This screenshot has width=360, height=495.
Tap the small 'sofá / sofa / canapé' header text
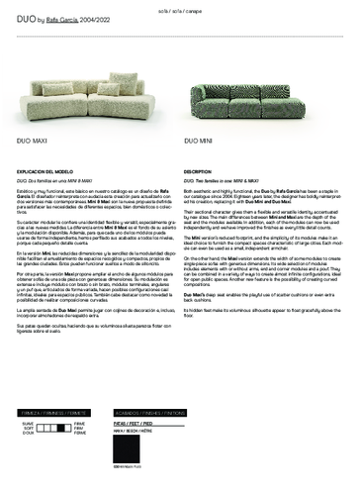pyautogui.click(x=180, y=11)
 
